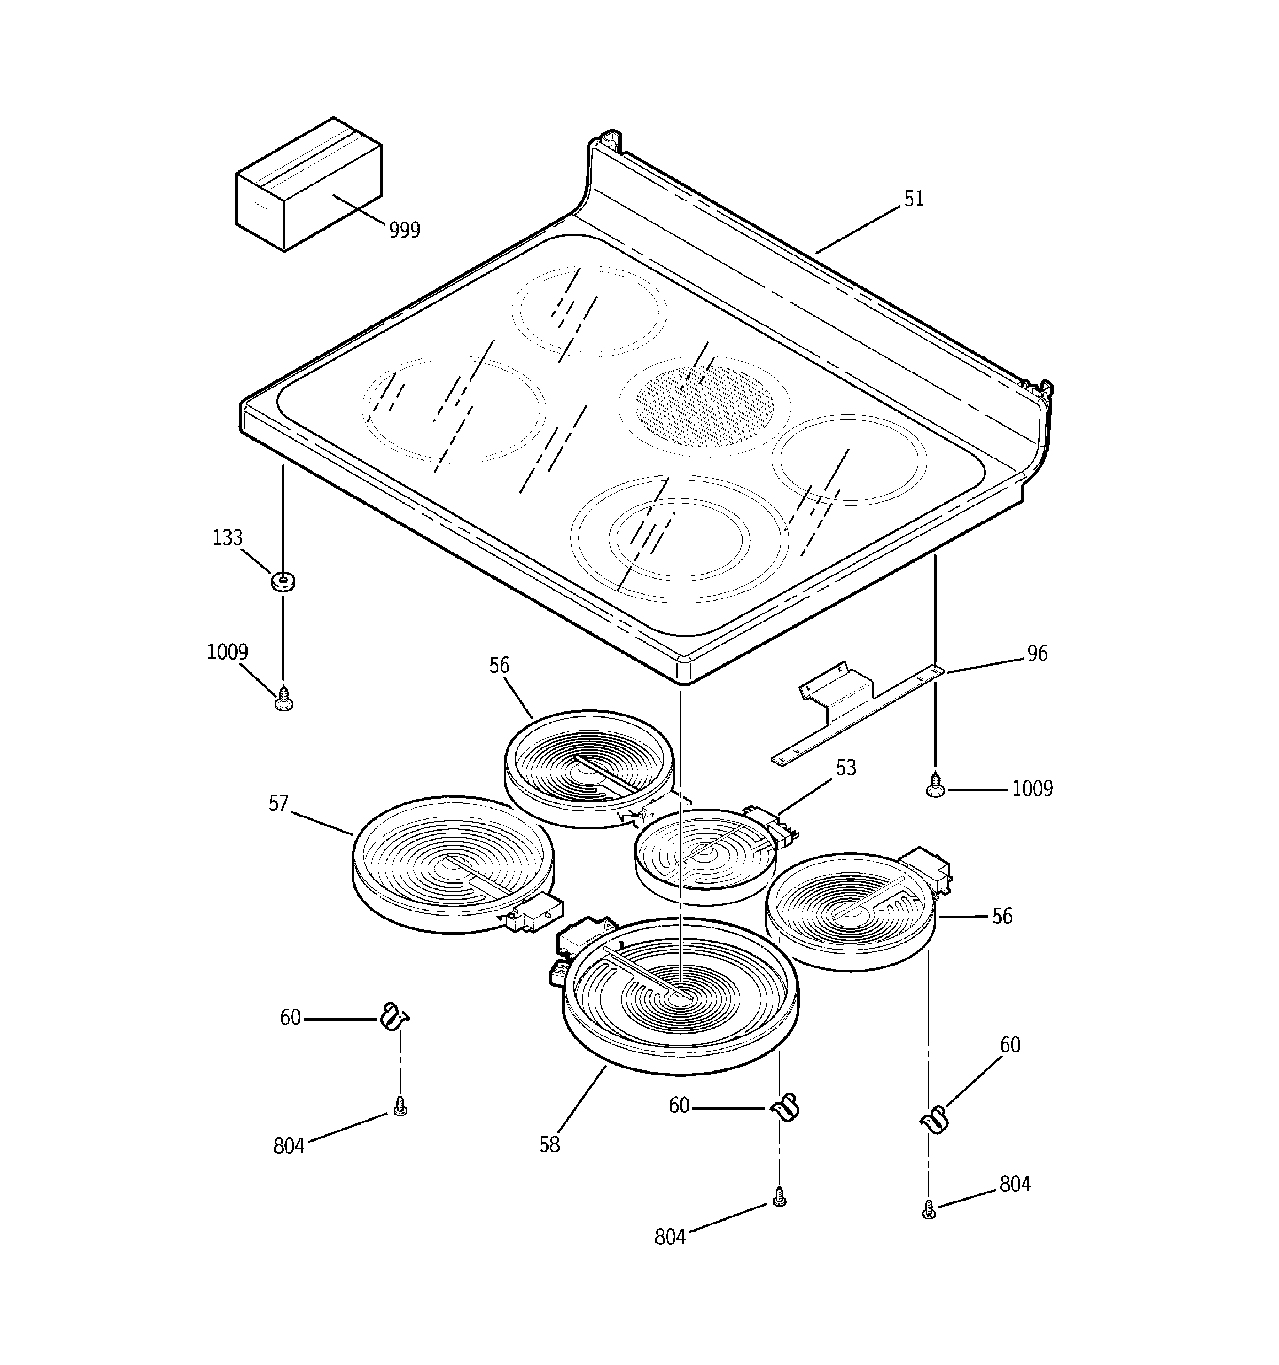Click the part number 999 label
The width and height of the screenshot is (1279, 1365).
click(404, 230)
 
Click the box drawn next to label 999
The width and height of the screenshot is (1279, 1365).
click(308, 184)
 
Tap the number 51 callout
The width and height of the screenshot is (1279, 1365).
click(913, 199)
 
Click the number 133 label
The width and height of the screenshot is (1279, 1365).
click(227, 538)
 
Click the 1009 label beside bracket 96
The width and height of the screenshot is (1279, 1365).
click(1032, 789)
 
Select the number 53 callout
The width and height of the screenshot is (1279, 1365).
click(845, 768)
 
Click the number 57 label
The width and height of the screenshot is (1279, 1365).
click(278, 804)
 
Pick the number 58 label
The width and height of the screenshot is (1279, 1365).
click(549, 1144)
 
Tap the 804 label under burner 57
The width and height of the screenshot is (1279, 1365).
click(288, 1146)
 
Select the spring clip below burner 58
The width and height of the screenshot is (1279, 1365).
click(783, 1107)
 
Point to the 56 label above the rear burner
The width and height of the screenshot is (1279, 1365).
click(499, 665)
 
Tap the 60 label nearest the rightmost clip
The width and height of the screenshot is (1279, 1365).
click(1009, 1045)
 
